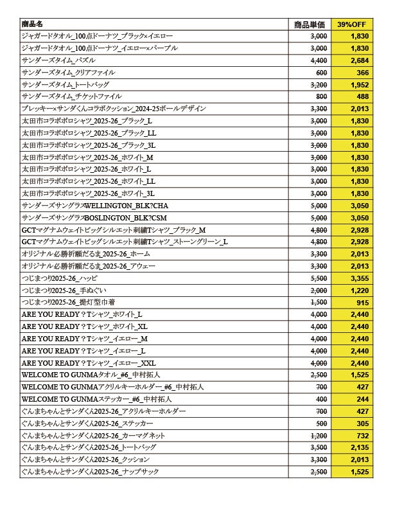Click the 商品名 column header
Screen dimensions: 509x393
[x=31, y=24]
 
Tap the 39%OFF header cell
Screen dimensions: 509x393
[x=353, y=24]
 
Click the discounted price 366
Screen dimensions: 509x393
[x=361, y=73]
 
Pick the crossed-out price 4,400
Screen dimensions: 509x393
[x=319, y=60]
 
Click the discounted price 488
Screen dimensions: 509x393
[x=361, y=96]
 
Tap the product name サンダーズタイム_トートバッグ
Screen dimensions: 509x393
[x=57, y=85]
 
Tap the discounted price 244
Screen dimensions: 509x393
[x=361, y=398]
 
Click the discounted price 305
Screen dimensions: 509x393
[x=361, y=423]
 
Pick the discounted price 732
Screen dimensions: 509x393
[x=361, y=435]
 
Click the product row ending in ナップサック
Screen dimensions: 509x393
[x=90, y=471]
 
